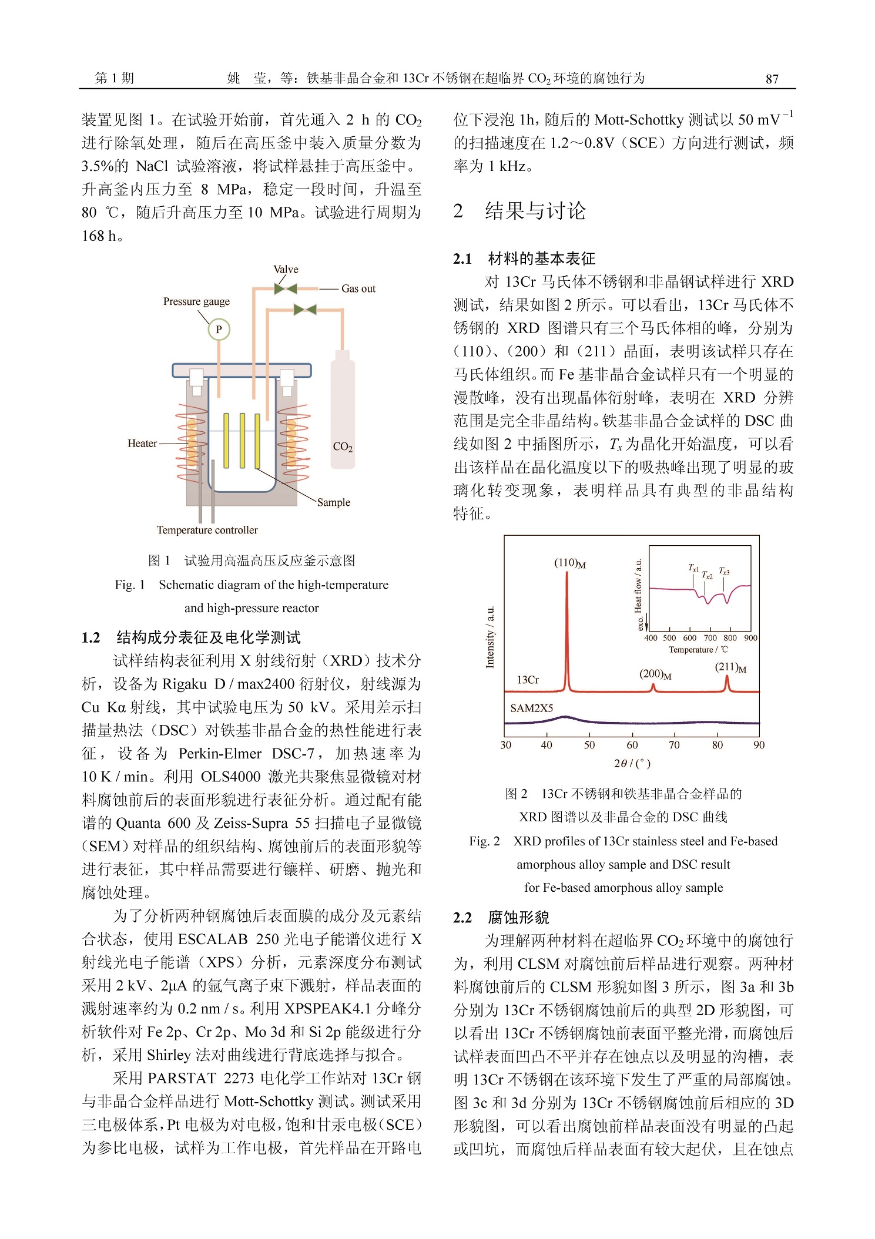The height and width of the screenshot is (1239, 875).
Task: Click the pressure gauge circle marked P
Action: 219,330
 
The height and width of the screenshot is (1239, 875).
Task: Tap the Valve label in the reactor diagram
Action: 286,270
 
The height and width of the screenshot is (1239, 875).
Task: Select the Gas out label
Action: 358,288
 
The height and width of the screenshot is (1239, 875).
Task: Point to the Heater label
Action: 142,443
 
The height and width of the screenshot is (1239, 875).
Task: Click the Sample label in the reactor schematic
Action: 333,502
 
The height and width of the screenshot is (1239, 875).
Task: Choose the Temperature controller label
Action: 207,530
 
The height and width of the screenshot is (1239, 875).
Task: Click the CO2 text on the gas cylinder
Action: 343,447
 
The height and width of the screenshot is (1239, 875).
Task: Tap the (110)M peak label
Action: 569,563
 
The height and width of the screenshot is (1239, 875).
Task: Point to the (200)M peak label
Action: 655,674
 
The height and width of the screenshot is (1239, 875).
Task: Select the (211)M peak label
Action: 730,667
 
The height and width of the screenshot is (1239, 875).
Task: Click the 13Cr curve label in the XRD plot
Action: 528,680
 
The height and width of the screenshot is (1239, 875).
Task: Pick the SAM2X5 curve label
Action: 531,708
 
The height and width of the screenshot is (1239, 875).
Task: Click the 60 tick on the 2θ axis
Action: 632,745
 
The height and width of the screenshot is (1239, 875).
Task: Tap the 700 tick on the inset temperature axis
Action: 710,638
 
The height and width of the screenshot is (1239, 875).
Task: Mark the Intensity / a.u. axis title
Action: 490,637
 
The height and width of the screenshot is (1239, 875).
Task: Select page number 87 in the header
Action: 772,79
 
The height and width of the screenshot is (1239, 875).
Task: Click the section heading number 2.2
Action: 462,918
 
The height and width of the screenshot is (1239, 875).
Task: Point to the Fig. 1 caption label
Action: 130,585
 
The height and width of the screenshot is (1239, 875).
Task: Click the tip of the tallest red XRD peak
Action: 567,572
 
